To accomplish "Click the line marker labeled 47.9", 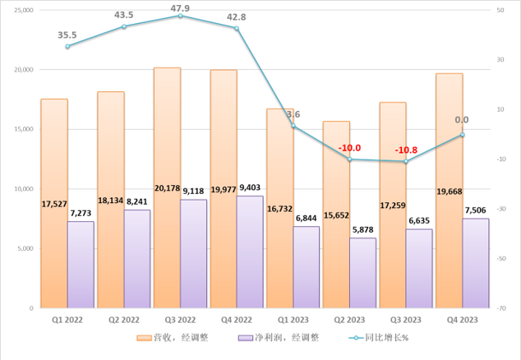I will (x=181, y=16).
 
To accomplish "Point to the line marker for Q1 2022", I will (x=68, y=46).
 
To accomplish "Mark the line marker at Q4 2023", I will (x=463, y=135).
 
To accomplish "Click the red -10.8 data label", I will (x=405, y=150).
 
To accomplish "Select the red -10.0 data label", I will (x=349, y=148).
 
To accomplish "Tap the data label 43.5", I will (x=125, y=15).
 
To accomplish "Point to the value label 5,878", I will (x=362, y=229).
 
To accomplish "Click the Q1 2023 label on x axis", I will (x=293, y=321).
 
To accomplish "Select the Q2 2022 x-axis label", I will (x=124, y=321).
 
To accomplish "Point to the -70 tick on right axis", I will (x=500, y=308).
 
